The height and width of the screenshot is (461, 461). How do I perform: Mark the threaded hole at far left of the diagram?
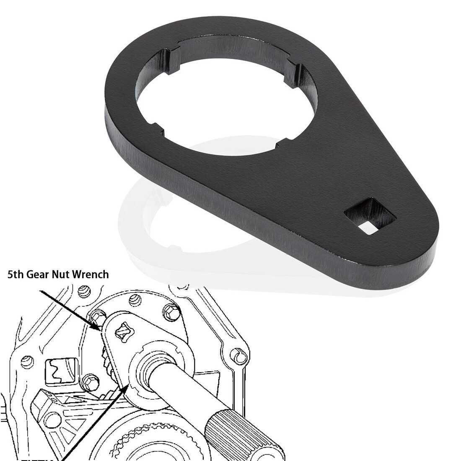27,360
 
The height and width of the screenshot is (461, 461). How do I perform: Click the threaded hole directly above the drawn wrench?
135,299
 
